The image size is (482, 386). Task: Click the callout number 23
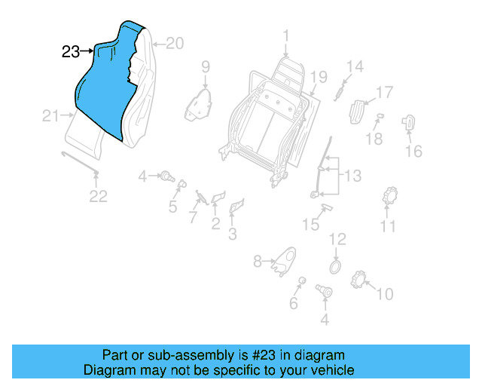[70, 52]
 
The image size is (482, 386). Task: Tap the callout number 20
[174, 44]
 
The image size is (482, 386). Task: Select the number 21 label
[50, 115]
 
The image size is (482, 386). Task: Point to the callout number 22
[99, 197]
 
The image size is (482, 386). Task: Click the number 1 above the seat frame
[286, 35]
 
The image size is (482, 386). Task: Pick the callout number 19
[319, 78]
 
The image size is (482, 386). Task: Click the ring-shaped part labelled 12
[336, 265]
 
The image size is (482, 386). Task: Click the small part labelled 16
[410, 121]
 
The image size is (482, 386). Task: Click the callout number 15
[311, 225]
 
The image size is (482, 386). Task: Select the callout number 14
[355, 66]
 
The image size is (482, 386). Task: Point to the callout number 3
[232, 234]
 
